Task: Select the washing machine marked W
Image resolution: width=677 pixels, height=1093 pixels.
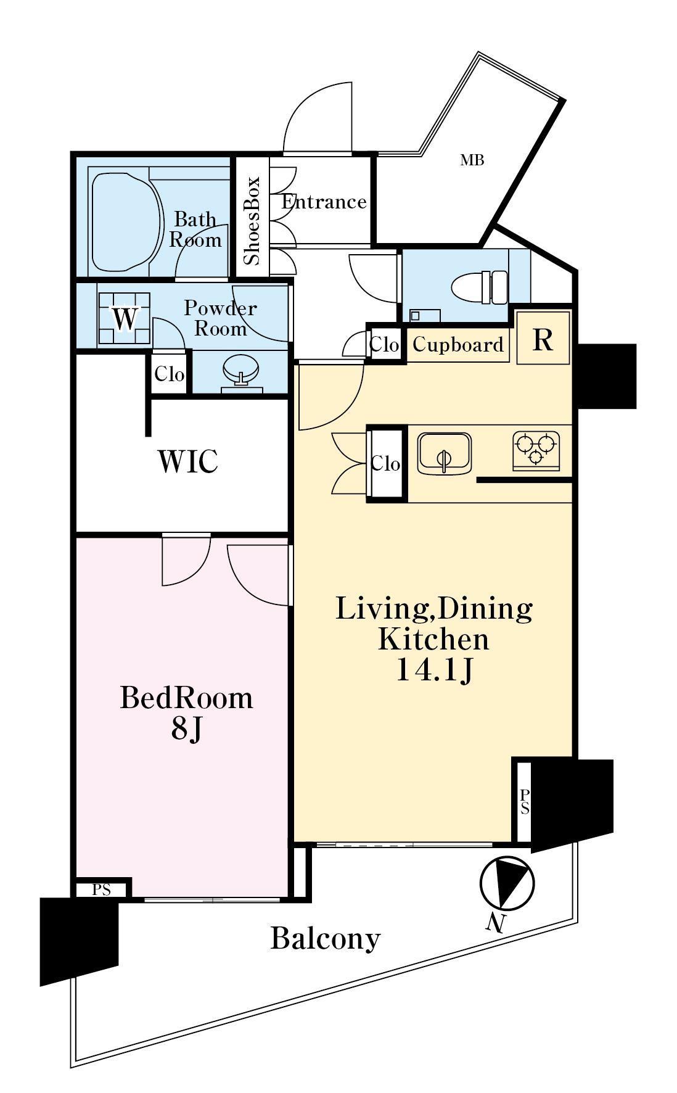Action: pyautogui.click(x=124, y=318)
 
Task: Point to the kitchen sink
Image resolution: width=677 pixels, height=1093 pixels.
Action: pyautogui.click(x=444, y=453)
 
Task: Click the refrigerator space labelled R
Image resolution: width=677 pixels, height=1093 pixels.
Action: pyautogui.click(x=543, y=338)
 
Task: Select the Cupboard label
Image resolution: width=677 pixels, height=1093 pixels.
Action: pyautogui.click(x=457, y=344)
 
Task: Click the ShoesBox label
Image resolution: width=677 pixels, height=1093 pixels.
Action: pyautogui.click(x=252, y=221)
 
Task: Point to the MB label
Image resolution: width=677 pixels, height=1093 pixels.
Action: pyautogui.click(x=472, y=160)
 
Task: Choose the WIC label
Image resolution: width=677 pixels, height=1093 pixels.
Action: pyautogui.click(x=188, y=461)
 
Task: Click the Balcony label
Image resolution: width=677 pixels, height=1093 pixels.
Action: pyautogui.click(x=326, y=939)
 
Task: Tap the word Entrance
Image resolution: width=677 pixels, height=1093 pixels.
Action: pyautogui.click(x=324, y=202)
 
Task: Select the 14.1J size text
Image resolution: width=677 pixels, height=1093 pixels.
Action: pyautogui.click(x=433, y=670)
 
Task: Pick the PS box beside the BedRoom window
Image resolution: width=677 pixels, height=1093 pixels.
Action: pyautogui.click(x=102, y=889)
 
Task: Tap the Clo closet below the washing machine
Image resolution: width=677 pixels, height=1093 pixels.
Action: pyautogui.click(x=169, y=373)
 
